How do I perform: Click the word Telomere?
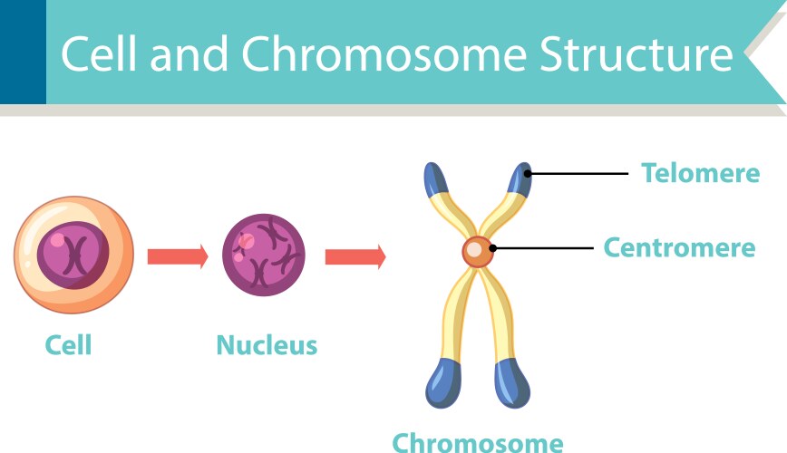700,172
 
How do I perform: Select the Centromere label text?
679,247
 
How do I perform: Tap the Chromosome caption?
477,443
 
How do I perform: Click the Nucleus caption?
267,345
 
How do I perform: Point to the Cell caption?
69,345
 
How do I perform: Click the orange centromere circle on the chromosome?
478,251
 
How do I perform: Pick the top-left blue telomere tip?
436,178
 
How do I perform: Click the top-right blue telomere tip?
520,178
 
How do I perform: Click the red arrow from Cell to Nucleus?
178,257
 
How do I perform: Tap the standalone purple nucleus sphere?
264,255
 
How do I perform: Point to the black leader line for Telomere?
580,173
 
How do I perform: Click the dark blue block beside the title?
23,52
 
